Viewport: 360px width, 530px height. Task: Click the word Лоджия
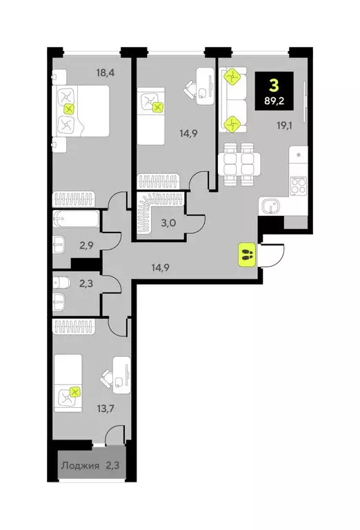(x=80, y=466)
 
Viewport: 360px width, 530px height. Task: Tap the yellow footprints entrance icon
(x=247, y=255)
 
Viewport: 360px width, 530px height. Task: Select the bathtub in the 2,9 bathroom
(x=77, y=222)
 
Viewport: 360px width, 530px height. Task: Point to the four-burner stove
(x=299, y=184)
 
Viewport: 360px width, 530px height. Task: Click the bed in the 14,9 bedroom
(x=152, y=116)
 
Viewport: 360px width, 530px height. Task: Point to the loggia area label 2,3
(x=113, y=466)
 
